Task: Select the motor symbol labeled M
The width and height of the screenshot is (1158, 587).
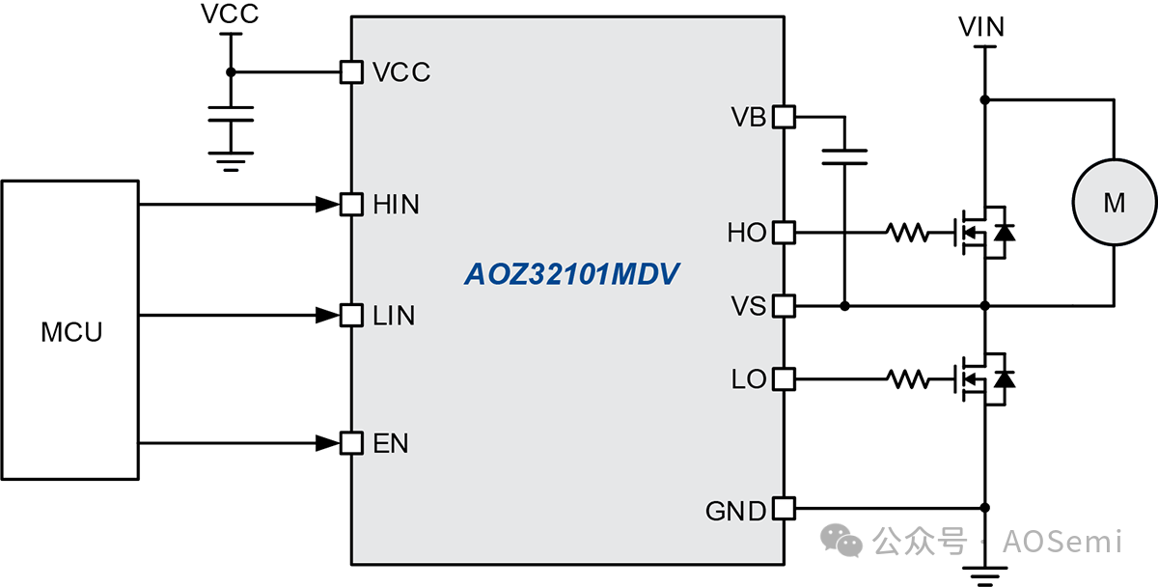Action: pyautogui.click(x=1114, y=203)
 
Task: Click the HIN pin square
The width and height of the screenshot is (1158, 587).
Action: pyautogui.click(x=352, y=205)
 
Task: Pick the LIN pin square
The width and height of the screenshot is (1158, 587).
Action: pyautogui.click(x=352, y=315)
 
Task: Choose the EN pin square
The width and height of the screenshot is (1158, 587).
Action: pyautogui.click(x=352, y=443)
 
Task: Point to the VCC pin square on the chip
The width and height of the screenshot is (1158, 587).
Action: pyautogui.click(x=352, y=71)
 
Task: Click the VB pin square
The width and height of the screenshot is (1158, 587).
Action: pyautogui.click(x=784, y=118)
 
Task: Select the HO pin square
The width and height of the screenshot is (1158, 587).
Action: pyautogui.click(x=784, y=233)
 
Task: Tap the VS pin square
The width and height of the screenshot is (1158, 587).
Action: pyautogui.click(x=784, y=306)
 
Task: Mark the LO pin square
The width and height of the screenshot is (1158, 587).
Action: pyautogui.click(x=784, y=379)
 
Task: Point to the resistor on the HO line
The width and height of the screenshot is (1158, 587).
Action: pyautogui.click(x=907, y=233)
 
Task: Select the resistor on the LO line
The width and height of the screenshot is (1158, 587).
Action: pyautogui.click(x=907, y=379)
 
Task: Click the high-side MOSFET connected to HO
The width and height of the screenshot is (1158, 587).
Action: pyautogui.click(x=979, y=233)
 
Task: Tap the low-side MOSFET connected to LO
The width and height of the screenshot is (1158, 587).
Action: pyautogui.click(x=979, y=379)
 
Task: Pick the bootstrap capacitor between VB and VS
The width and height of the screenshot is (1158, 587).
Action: pyautogui.click(x=844, y=156)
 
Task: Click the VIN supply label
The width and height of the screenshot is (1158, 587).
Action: pyautogui.click(x=982, y=27)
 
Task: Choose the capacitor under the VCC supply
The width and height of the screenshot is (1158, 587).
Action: pyautogui.click(x=230, y=115)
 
